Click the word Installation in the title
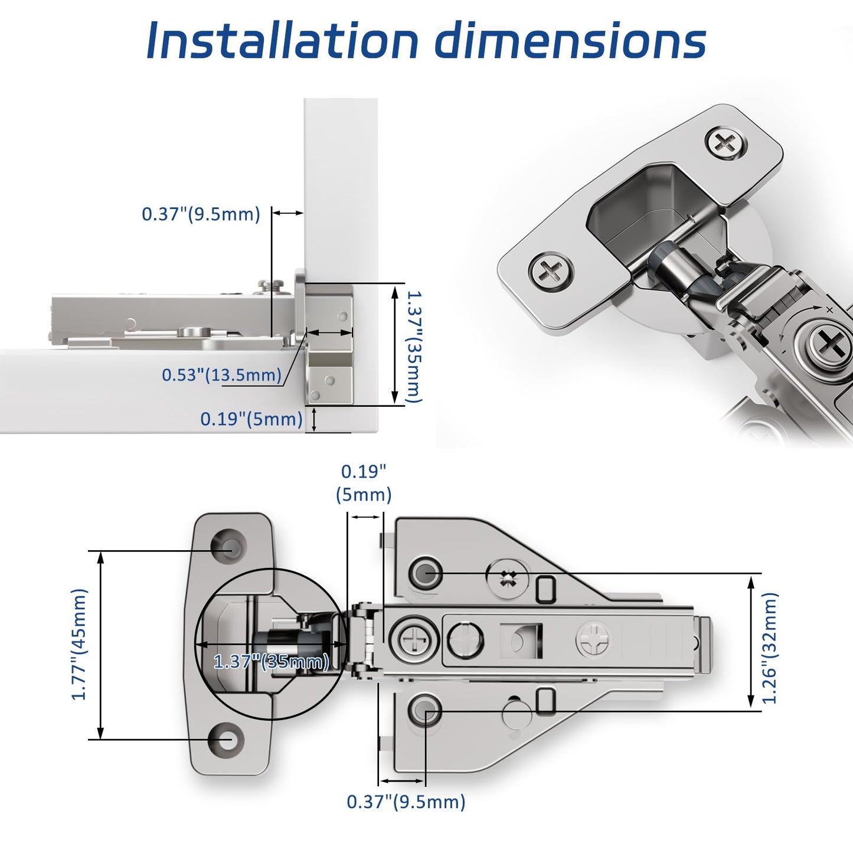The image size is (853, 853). [282, 41]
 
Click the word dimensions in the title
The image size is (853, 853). [570, 41]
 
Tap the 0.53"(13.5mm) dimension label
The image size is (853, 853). [221, 375]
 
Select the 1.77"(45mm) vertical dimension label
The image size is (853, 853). [79, 645]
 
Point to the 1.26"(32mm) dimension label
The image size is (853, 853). [770, 648]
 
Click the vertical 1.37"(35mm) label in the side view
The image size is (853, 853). [414, 347]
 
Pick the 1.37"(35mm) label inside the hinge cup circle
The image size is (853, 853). [271, 662]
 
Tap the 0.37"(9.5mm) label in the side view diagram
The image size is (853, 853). [201, 214]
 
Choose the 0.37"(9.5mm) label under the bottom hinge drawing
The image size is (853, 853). [406, 802]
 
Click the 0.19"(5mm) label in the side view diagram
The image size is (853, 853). [251, 419]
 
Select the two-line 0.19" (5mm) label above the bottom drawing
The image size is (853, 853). [364, 483]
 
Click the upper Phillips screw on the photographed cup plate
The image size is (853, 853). [725, 143]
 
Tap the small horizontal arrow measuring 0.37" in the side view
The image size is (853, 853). [287, 213]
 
